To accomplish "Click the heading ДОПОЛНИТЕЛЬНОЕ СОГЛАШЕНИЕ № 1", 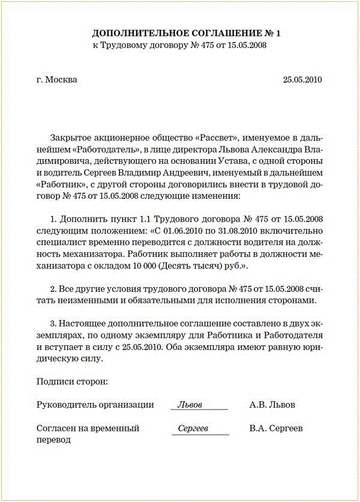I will [x=186, y=34].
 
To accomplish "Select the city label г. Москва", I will [x=56, y=79].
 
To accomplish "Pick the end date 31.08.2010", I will [x=241, y=231].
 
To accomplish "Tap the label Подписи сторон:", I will [x=72, y=381].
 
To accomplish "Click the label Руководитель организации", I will [x=95, y=405].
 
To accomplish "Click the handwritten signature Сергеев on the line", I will [x=193, y=429].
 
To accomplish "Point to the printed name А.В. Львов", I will [x=272, y=405].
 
